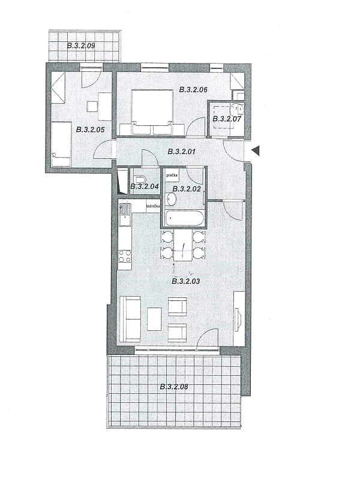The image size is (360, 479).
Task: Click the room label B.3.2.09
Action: (x=85, y=45)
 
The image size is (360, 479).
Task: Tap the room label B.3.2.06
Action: (x=193, y=89)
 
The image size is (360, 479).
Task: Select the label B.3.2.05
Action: (x=90, y=129)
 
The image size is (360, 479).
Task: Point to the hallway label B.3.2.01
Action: (x=183, y=151)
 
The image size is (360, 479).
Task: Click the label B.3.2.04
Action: (x=144, y=186)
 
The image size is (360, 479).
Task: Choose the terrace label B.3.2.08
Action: (x=174, y=387)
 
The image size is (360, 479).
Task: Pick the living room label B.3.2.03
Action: (x=185, y=281)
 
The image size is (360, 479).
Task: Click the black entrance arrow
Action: (x=255, y=151)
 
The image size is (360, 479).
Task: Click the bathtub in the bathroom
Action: (x=184, y=218)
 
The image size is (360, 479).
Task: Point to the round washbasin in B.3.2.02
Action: (x=171, y=199)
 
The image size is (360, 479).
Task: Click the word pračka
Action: (x=172, y=175)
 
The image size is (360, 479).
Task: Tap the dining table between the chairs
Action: (x=183, y=245)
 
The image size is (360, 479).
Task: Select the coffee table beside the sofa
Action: (x=154, y=319)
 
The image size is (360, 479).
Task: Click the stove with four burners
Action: (x=125, y=256)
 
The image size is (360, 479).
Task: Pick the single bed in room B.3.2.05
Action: (x=61, y=144)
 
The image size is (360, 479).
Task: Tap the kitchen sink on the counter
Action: (x=125, y=219)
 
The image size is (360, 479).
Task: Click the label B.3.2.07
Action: (x=226, y=119)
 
